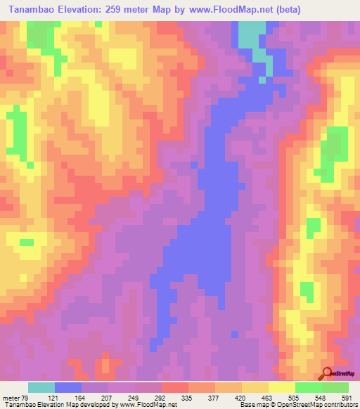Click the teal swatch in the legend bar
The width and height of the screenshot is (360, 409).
[41, 387]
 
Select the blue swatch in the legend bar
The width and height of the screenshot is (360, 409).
[68, 387]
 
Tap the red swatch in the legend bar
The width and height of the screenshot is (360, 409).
[175, 387]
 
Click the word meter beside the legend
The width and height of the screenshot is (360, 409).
[11, 397]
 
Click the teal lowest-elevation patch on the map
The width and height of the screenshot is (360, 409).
[252, 35]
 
